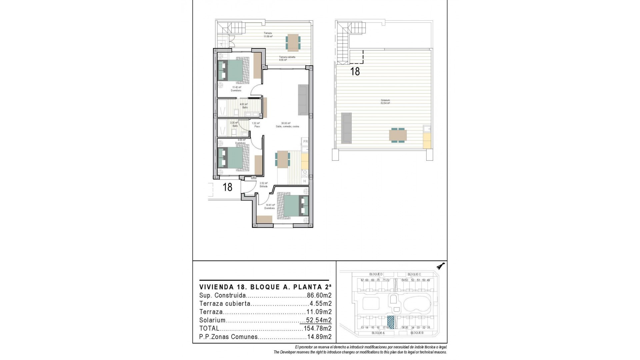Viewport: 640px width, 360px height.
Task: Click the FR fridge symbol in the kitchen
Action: (x=305, y=142)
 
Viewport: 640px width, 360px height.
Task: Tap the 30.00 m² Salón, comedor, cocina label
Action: (x=287, y=125)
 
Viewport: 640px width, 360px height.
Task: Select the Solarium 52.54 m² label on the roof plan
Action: (x=385, y=102)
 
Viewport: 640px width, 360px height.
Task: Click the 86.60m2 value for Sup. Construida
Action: (x=319, y=295)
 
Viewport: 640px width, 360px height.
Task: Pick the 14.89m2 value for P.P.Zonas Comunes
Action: (x=319, y=337)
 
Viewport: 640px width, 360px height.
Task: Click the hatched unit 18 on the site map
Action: (x=391, y=323)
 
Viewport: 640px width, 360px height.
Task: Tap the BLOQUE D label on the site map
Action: (x=376, y=274)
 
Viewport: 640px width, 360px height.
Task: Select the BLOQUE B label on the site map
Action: (x=417, y=333)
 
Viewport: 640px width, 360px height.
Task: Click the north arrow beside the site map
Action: (x=442, y=266)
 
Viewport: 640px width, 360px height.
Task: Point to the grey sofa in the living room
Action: (x=303, y=100)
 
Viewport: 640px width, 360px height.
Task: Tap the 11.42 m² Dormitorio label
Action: (x=237, y=89)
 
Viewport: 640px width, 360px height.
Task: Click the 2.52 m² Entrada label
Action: (x=264, y=185)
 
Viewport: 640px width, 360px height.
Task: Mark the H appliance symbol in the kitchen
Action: (x=305, y=181)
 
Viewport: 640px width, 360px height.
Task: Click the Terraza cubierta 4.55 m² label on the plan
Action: (x=287, y=59)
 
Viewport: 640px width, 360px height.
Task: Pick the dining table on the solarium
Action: (x=398, y=135)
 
